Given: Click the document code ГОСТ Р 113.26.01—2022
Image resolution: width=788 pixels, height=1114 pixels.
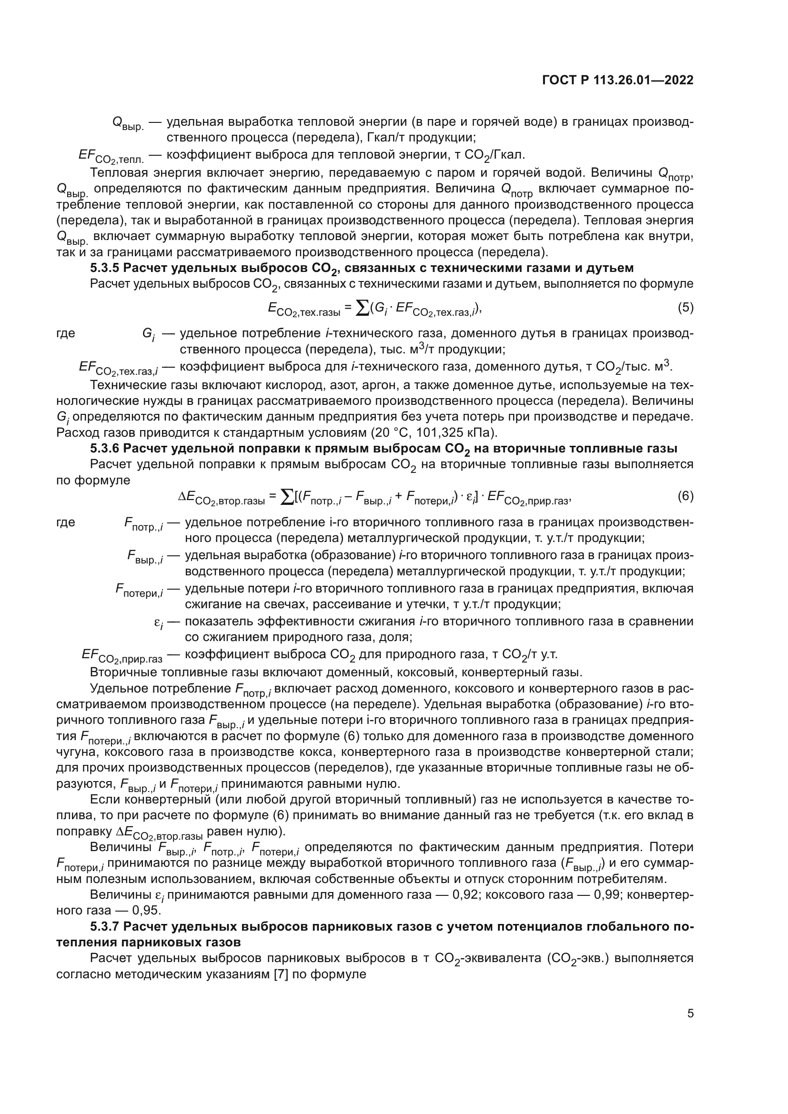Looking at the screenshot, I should coord(617,80).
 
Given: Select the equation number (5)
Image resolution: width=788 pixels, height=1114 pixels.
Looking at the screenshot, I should coord(685,308).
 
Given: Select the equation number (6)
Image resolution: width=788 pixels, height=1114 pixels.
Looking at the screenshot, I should coord(685,496).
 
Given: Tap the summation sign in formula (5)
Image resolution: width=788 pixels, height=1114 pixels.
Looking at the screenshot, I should coord(362,308).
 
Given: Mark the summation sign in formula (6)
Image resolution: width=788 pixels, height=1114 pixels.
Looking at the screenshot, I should coord(287,496).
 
